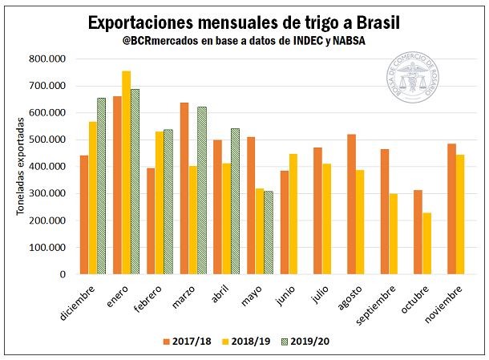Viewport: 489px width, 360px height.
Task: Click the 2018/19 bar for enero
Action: pyautogui.click(x=126, y=172)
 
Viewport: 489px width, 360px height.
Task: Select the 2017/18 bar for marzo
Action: pyautogui.click(x=184, y=188)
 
